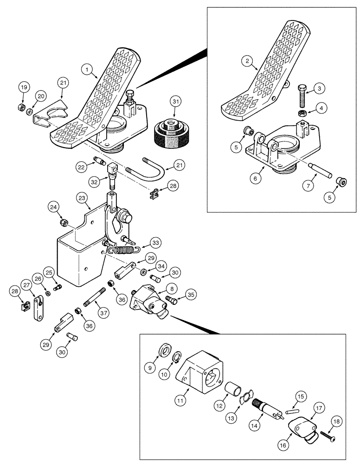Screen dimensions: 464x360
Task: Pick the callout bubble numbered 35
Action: click(x=191, y=294)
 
